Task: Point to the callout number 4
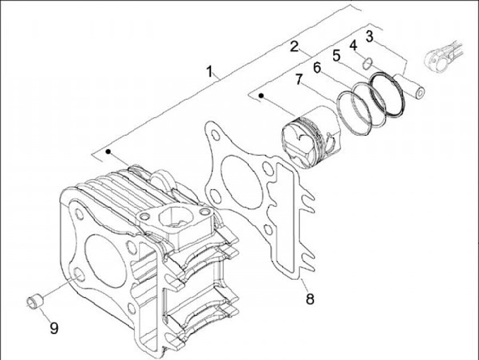click(x=353, y=45)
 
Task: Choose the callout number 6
click(x=317, y=67)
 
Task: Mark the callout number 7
click(x=299, y=79)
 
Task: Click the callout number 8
click(x=309, y=299)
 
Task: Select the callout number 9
click(x=53, y=328)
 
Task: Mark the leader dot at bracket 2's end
click(x=261, y=97)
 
